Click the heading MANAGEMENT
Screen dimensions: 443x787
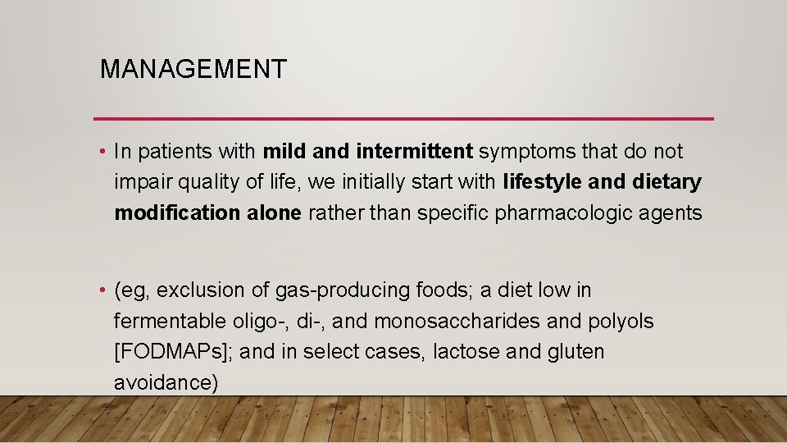click(193, 69)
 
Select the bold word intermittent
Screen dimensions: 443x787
click(415, 152)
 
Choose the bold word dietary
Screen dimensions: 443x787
click(667, 182)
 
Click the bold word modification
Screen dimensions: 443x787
click(177, 213)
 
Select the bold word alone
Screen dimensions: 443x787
click(274, 213)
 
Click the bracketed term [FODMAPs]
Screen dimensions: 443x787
click(174, 352)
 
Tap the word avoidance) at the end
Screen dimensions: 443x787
click(166, 383)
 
